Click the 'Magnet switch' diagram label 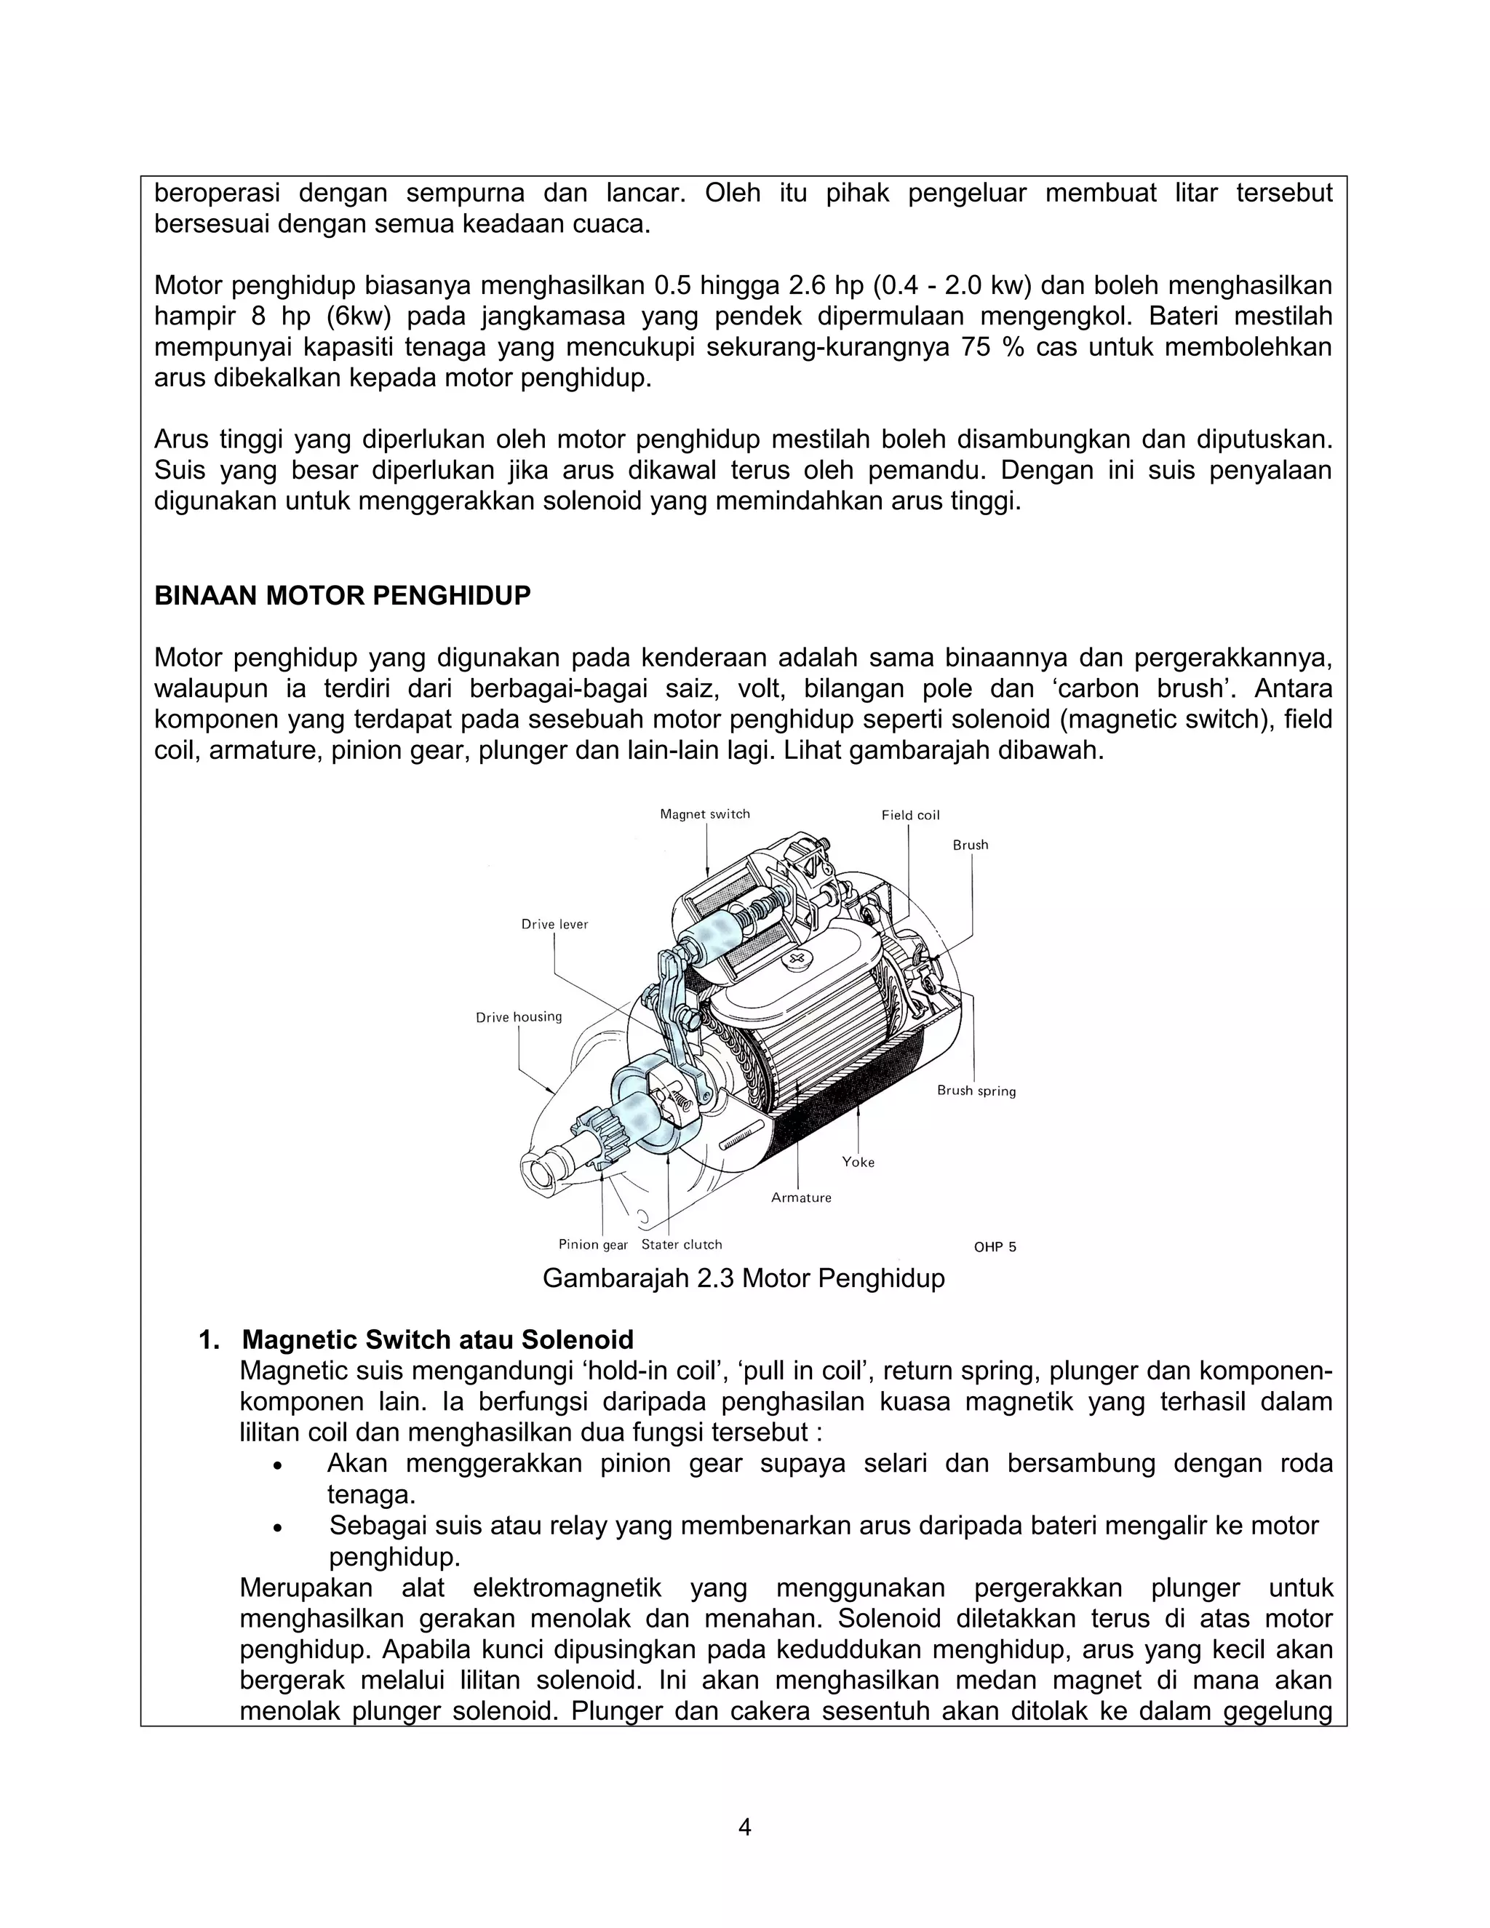(x=704, y=814)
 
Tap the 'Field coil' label (x=910, y=815)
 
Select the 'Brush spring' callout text (x=976, y=1091)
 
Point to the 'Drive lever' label (x=554, y=924)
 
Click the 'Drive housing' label (x=518, y=1017)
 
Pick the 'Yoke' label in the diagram (x=858, y=1162)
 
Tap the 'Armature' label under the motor (x=800, y=1198)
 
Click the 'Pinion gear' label (x=592, y=1245)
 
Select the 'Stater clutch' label (x=682, y=1245)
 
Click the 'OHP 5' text (x=995, y=1247)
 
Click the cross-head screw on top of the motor (x=800, y=959)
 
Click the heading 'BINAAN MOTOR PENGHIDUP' (x=343, y=596)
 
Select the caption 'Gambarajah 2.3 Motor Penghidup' (x=744, y=1278)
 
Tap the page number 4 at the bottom (x=744, y=1828)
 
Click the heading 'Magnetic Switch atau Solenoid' (x=438, y=1340)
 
